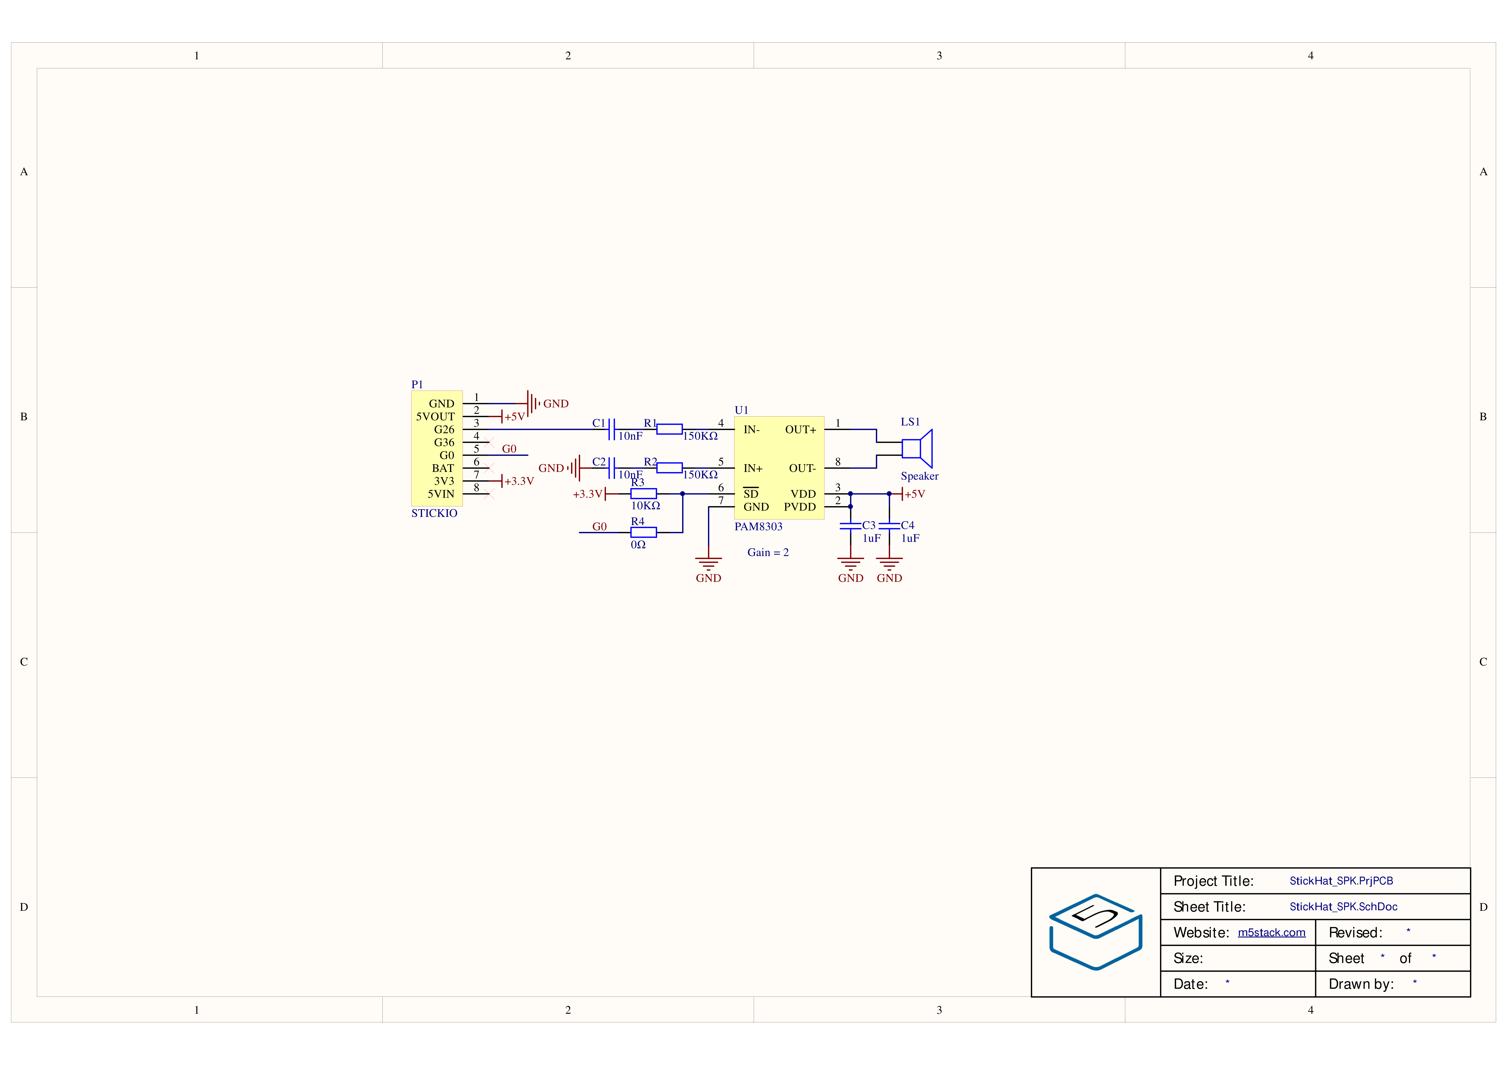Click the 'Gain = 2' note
point(768,552)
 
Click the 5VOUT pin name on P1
point(435,416)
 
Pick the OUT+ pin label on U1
point(800,429)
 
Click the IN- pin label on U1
point(751,429)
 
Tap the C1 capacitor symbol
point(612,429)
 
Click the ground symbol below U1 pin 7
point(709,563)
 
